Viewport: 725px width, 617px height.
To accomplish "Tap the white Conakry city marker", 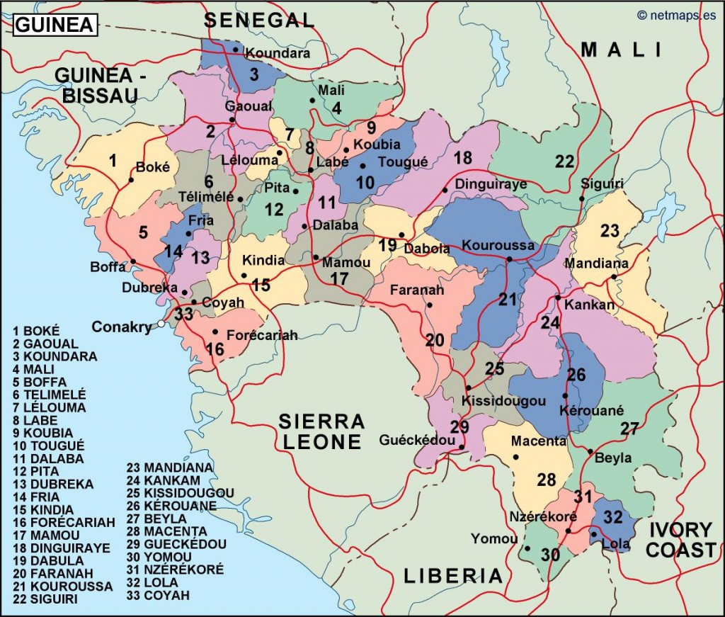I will pyautogui.click(x=161, y=324).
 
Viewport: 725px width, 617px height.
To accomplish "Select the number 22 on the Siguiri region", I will pyautogui.click(x=564, y=162).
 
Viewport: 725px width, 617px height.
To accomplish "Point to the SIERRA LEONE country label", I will pyautogui.click(x=321, y=432).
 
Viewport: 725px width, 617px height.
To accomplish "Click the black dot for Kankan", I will pyautogui.click(x=558, y=297).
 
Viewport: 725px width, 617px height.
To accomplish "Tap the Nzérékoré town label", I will pyautogui.click(x=543, y=516).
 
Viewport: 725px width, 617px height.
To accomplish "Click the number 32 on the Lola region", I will pyautogui.click(x=613, y=516).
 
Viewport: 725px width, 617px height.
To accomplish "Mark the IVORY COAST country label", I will pyautogui.click(x=682, y=539).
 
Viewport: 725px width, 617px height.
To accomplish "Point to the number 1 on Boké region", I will pyautogui.click(x=113, y=161).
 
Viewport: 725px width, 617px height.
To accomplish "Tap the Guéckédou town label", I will pyautogui.click(x=417, y=440).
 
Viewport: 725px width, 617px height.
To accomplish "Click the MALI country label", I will pyautogui.click(x=622, y=50).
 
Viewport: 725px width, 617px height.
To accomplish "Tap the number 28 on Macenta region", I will pyautogui.click(x=546, y=480).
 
